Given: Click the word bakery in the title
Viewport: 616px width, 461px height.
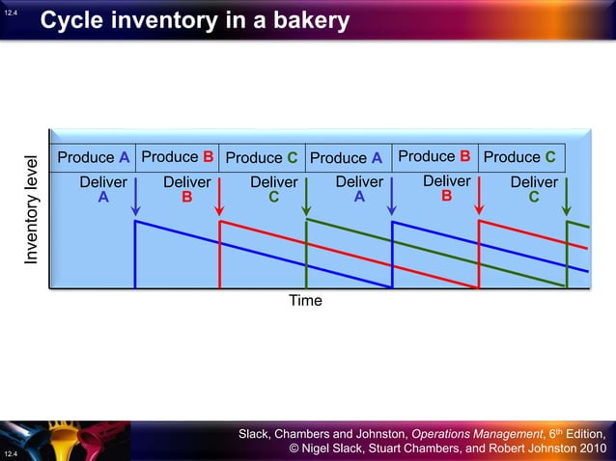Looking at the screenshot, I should pos(303,20).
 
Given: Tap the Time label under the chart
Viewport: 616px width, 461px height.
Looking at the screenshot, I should pos(305,301).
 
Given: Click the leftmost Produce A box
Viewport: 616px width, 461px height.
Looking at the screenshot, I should pos(94,157).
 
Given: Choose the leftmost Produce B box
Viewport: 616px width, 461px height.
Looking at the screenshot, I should pos(178,156).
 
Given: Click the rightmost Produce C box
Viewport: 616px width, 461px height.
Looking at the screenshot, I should pos(519,156).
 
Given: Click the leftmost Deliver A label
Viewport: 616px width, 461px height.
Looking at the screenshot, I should pos(103,189).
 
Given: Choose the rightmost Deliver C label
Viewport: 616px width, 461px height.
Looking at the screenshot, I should pos(534,189).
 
